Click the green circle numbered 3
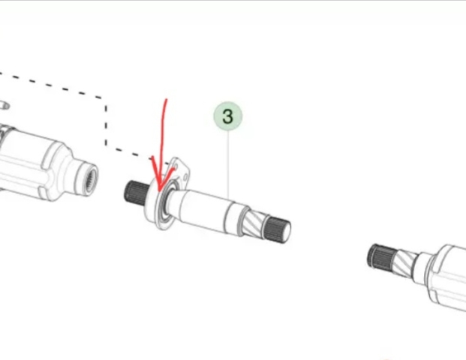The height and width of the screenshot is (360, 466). pyautogui.click(x=228, y=116)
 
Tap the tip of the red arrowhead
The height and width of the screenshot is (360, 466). pyautogui.click(x=160, y=191)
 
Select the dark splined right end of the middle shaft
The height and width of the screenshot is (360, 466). pyautogui.click(x=277, y=229)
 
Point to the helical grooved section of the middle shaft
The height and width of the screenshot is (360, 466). pyautogui.click(x=254, y=223)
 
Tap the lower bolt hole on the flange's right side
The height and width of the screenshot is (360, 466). pyautogui.click(x=185, y=178)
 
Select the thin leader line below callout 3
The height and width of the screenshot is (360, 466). pyautogui.click(x=228, y=164)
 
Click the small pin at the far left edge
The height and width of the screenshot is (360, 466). pyautogui.click(x=5, y=105)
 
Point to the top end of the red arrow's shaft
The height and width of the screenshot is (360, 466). pyautogui.click(x=167, y=100)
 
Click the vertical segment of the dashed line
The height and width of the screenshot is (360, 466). pyautogui.click(x=106, y=124)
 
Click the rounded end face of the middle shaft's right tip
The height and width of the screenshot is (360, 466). pyautogui.click(x=287, y=232)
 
